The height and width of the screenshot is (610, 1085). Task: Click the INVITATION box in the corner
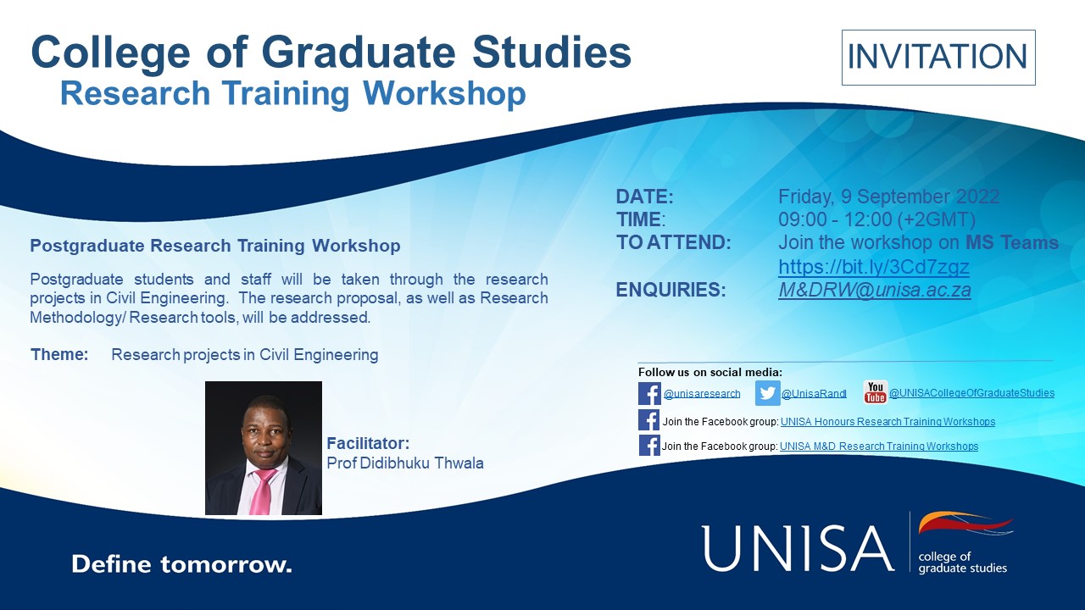(938, 58)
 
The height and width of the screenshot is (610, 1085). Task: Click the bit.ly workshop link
(873, 267)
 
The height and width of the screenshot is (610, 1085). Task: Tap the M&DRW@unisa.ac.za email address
(874, 290)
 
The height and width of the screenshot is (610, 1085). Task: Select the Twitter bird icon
(767, 393)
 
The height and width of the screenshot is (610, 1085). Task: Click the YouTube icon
(875, 392)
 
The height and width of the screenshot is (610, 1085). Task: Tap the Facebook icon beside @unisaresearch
(649, 393)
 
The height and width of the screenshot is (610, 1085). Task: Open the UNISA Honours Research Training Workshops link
(887, 421)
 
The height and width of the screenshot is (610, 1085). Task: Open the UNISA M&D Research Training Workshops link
(878, 446)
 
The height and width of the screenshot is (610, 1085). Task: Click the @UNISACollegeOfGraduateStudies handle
(971, 393)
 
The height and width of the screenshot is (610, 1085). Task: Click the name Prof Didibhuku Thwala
(405, 463)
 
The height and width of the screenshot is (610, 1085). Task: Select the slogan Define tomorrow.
(181, 564)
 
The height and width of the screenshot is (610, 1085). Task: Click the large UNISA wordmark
(798, 548)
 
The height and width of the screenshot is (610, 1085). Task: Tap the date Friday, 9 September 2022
(888, 197)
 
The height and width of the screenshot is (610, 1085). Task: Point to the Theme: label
(59, 354)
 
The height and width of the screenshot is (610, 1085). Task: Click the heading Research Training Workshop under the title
(292, 94)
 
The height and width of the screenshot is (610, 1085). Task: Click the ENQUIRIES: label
(670, 290)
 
